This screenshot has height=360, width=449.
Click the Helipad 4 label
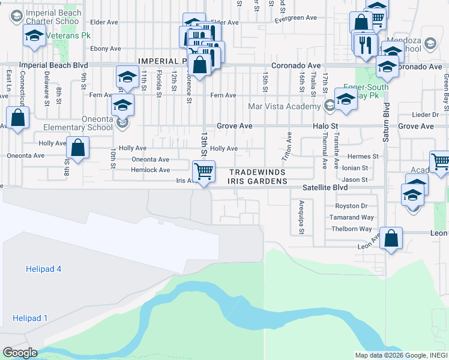[x=44, y=269]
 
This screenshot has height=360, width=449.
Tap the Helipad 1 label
[x=29, y=318]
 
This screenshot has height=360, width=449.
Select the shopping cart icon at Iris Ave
[x=204, y=171]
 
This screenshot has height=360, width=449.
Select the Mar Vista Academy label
[x=285, y=107]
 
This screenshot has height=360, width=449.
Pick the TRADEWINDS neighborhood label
[x=258, y=171]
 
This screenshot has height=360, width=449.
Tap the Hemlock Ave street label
[x=151, y=170]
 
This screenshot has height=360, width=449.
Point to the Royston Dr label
[x=351, y=206]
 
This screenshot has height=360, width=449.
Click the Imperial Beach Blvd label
[x=53, y=65]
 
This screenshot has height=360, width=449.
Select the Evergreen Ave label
[x=295, y=19]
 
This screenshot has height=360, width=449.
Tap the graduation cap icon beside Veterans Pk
[x=34, y=36]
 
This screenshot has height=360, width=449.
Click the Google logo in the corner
[x=19, y=353]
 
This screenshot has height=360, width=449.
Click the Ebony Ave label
[x=105, y=49]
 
